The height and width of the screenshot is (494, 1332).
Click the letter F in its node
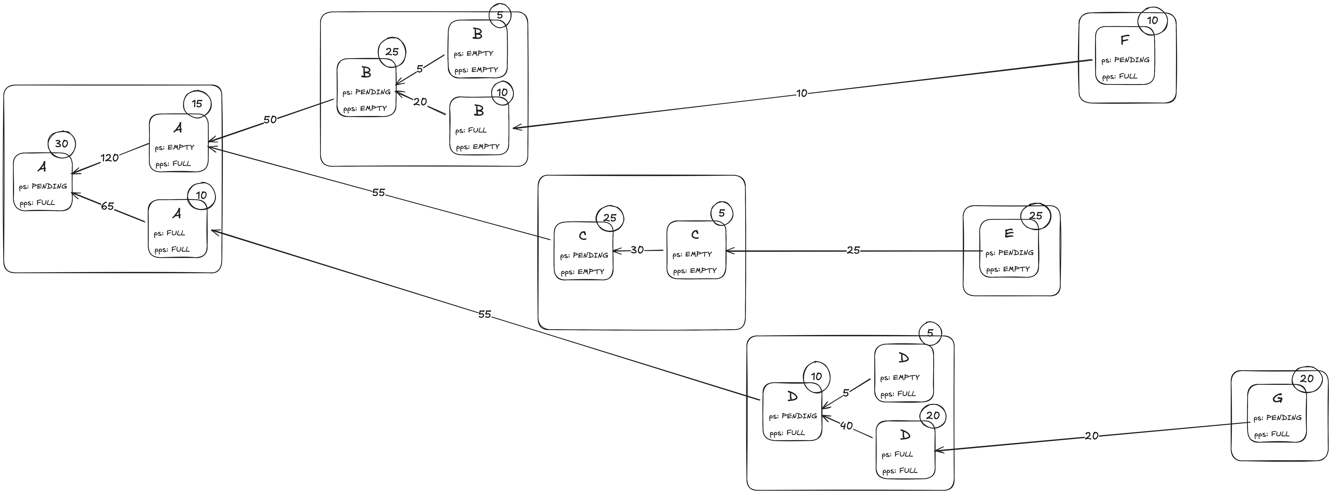1124,40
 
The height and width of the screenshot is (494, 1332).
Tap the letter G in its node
1277,398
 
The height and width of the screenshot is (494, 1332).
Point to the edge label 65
107,206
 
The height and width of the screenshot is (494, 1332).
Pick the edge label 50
270,120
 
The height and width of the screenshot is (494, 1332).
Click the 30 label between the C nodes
637,250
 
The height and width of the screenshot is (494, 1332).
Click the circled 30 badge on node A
62,144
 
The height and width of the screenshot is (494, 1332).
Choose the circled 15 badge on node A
197,103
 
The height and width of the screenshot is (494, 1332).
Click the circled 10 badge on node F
1153,21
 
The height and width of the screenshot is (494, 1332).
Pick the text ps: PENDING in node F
1125,60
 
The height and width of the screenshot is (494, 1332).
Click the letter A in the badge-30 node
42,167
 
